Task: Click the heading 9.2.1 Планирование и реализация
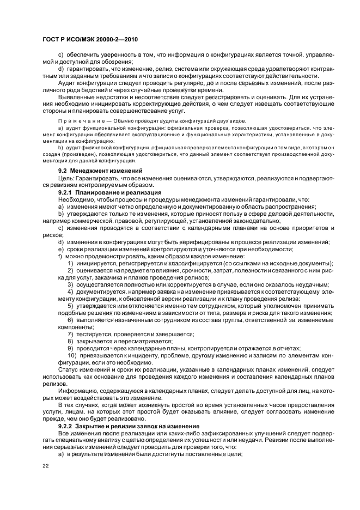(x=102, y=192)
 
